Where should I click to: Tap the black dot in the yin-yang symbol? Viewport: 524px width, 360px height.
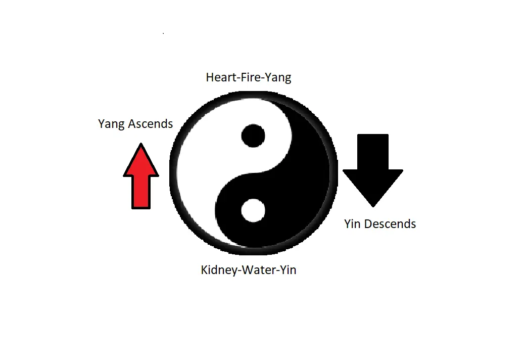tap(253, 136)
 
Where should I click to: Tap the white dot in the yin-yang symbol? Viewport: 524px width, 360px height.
tap(253, 210)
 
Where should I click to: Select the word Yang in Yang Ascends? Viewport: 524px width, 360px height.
tap(112, 124)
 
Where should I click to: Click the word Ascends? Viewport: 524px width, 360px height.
tap(151, 124)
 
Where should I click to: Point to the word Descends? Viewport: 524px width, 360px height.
tap(390, 224)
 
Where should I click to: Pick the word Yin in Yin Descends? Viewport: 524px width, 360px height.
tap(353, 224)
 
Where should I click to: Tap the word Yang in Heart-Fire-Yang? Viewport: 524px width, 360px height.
tap(278, 78)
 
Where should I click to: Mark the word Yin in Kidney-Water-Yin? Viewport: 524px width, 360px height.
tap(288, 270)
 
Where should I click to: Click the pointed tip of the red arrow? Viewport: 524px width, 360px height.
tap(141, 143)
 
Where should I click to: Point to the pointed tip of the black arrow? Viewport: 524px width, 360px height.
tap(373, 207)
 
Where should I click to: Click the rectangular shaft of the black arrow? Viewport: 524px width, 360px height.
tap(373, 152)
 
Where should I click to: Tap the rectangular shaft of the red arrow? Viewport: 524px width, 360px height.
tap(141, 192)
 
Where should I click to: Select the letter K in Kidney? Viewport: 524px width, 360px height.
tap(204, 270)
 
